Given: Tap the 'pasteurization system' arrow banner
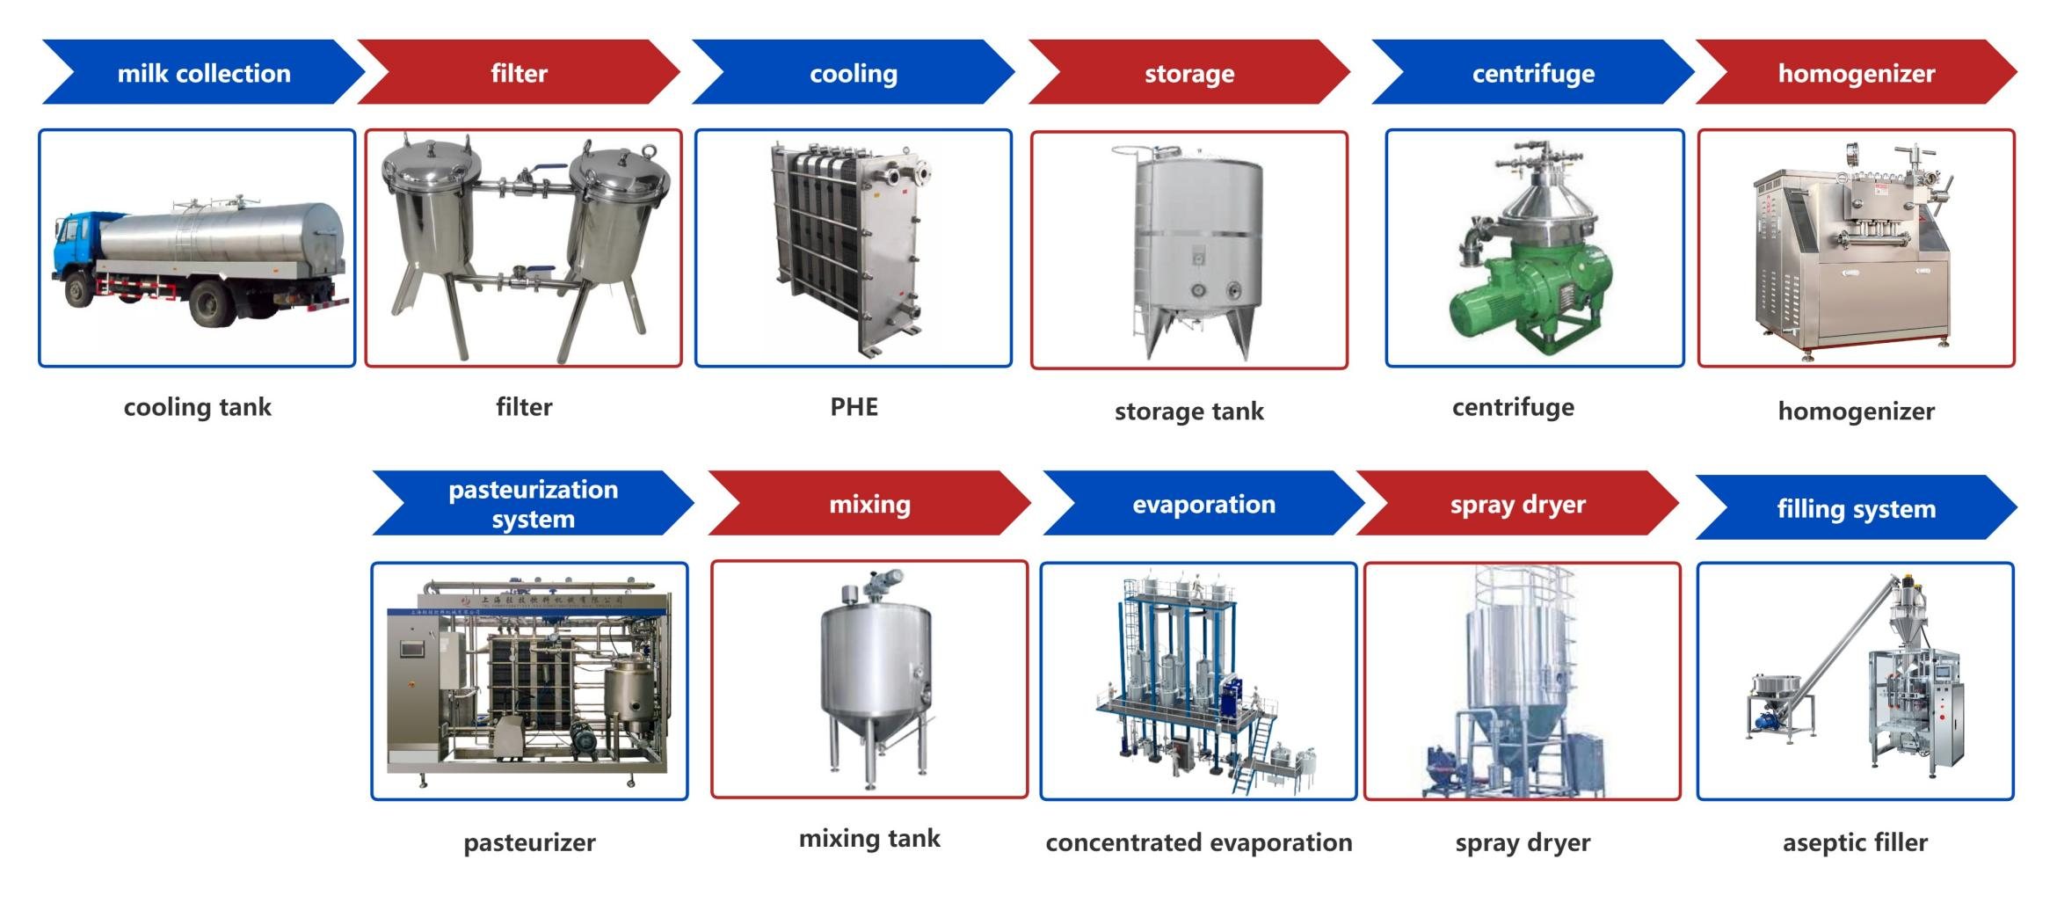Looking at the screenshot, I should click(533, 504).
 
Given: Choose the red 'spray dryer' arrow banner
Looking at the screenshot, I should click(1517, 505).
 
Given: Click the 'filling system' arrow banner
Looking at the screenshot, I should click(1856, 509).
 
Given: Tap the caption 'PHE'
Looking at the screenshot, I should click(854, 407).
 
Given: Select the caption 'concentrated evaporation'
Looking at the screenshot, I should click(1198, 842).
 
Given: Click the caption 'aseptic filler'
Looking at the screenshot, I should click(1855, 842).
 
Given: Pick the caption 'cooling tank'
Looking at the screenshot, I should click(197, 407).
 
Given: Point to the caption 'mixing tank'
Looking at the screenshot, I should click(869, 839).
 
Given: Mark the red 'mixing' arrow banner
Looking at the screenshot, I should click(869, 504).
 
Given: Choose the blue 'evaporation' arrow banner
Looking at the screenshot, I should click(1203, 504).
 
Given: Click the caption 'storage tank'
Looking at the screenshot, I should click(1188, 411).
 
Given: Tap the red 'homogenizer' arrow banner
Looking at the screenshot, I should click(1856, 73).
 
